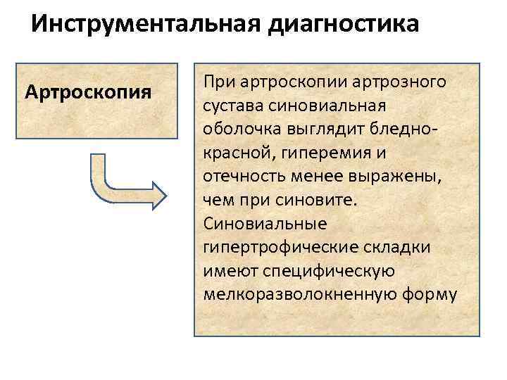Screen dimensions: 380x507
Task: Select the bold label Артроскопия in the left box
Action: [x=88, y=92]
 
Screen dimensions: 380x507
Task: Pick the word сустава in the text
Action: [x=230, y=107]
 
